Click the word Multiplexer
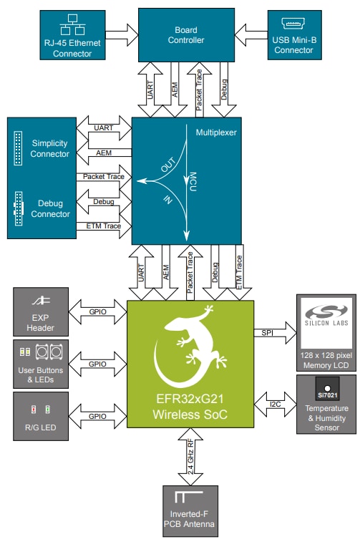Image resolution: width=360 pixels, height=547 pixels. (x=216, y=132)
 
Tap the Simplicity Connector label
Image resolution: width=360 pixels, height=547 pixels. (x=50, y=149)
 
